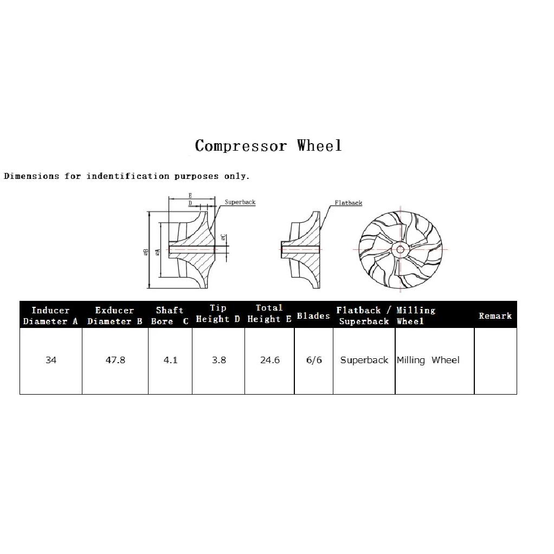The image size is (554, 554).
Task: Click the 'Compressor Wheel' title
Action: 268,146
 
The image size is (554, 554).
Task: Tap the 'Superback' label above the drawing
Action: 240,202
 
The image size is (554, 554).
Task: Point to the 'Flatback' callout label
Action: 349,203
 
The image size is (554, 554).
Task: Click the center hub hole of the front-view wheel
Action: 400,249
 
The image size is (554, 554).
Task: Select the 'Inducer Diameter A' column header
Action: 50,315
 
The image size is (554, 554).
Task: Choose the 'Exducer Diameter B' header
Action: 115,315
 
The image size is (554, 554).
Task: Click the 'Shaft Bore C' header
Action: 170,315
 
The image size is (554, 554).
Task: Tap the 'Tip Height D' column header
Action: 218,313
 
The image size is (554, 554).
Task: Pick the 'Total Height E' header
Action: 269,313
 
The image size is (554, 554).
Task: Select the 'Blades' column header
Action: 313,315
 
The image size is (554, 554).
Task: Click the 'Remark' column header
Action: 495,315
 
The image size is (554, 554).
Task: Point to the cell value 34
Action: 51,360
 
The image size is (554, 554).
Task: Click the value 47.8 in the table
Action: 115,360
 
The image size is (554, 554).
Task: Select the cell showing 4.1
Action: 170,360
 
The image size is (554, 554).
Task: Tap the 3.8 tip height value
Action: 218,360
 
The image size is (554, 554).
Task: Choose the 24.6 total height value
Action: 270,360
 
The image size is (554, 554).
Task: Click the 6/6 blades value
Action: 314,360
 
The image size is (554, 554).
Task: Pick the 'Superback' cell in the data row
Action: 364,360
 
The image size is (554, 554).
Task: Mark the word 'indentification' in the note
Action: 128,176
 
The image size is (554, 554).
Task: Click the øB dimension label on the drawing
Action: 146,252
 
